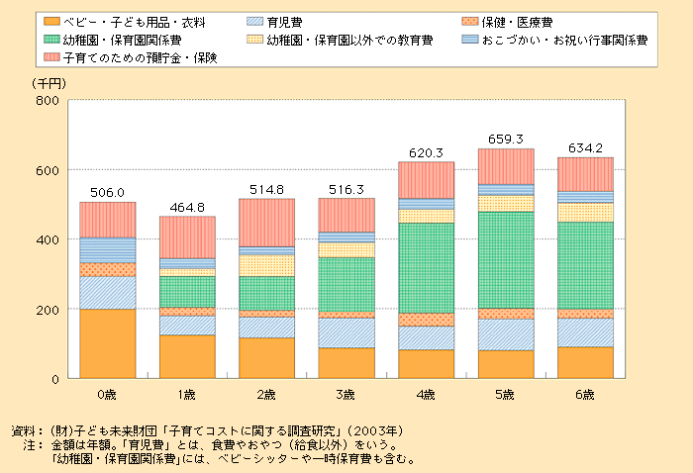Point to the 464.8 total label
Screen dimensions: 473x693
(x=188, y=207)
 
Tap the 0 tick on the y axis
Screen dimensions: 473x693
(x=57, y=378)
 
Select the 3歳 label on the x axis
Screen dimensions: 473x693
(x=346, y=394)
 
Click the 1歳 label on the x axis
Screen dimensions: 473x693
(x=188, y=394)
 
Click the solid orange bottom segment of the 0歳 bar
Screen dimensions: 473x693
(x=108, y=343)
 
